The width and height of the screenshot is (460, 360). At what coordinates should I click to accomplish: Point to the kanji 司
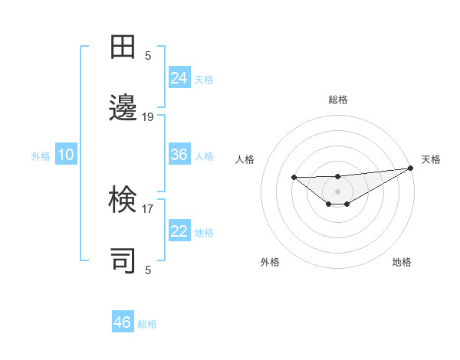tap(123, 260)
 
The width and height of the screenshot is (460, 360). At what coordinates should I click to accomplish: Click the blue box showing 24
tap(179, 77)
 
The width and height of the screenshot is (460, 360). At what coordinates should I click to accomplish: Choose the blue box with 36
tap(179, 155)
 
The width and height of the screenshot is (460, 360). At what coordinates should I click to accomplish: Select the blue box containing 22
tap(179, 231)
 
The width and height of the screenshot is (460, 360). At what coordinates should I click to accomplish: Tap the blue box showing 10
tap(66, 155)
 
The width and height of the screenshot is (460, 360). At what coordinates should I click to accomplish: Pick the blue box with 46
tap(123, 322)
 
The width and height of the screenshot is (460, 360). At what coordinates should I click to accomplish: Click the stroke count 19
tap(148, 117)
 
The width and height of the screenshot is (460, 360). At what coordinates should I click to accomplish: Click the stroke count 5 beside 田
tap(148, 55)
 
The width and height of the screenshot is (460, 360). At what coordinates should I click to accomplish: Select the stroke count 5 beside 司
tap(148, 270)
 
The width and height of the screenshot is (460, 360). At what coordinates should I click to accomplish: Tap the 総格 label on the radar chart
tap(338, 100)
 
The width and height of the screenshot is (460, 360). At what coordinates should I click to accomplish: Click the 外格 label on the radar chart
tap(270, 262)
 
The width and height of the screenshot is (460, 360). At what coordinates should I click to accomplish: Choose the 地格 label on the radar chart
tap(402, 262)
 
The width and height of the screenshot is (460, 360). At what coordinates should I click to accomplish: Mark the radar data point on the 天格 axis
tap(410, 168)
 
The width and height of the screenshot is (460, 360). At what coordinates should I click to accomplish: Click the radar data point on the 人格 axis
tap(294, 177)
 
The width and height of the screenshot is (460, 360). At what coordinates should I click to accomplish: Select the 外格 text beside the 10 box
tap(41, 155)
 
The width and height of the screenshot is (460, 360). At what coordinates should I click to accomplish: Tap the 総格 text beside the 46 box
tap(147, 324)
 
